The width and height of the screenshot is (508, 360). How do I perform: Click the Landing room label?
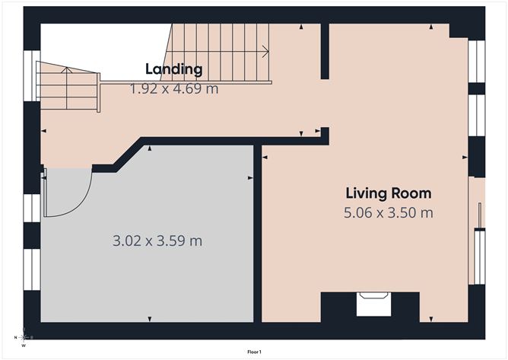pos(174,69)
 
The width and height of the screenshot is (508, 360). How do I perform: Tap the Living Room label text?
pos(389,193)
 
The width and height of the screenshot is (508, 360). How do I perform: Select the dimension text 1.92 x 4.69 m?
pos(174,88)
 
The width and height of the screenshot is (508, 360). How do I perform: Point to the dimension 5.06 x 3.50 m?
pos(389,213)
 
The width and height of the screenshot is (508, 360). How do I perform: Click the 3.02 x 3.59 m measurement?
pos(157,241)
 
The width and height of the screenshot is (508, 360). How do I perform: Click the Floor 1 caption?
pos(254,352)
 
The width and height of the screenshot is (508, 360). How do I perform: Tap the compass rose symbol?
pos(24,337)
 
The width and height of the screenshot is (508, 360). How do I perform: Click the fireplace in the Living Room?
pos(373,304)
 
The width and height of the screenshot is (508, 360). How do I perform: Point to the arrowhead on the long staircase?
pos(266,51)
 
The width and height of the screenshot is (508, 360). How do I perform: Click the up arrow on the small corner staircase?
pos(66,69)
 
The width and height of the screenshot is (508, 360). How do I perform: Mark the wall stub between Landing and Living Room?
pos(325,51)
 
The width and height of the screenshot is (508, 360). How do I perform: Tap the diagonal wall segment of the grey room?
pos(129,155)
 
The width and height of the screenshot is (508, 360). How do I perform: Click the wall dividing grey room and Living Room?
pos(258,234)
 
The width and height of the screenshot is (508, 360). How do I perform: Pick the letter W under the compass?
pos(24,346)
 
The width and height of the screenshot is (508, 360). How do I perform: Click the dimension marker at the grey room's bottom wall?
pos(150,319)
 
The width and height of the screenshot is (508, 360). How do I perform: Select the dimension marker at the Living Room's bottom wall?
pos(431,319)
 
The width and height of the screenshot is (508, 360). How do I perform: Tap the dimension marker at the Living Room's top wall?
pos(431,27)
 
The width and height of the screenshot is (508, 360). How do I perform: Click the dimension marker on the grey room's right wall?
pos(250,178)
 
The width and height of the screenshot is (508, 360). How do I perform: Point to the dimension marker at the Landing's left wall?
pos(44,131)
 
